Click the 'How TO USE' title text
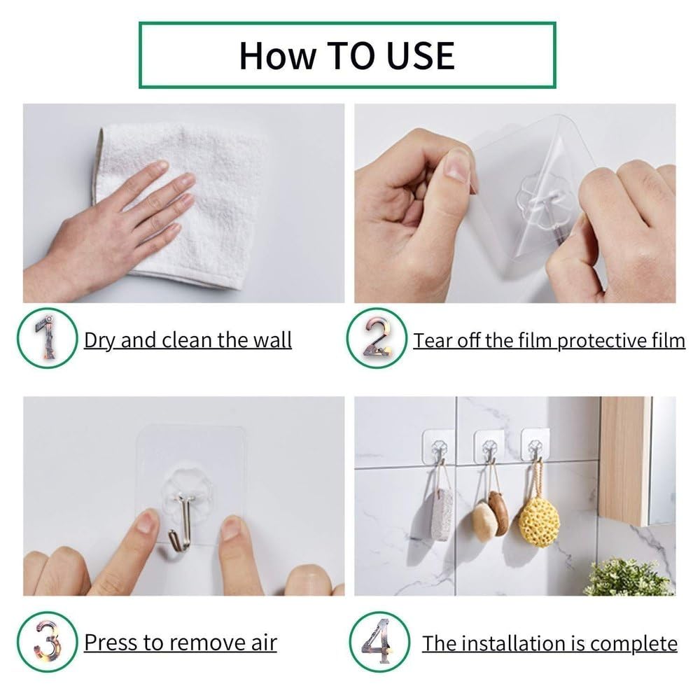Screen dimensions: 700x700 click(x=346, y=55)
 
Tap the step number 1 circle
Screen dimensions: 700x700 click(x=46, y=339)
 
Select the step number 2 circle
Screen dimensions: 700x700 click(x=377, y=339)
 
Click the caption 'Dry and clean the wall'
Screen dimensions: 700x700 click(x=188, y=341)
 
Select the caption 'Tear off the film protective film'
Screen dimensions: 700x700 click(x=549, y=341)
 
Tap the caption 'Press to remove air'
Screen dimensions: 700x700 click(x=181, y=643)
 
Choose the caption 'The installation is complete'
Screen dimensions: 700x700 click(x=549, y=643)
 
